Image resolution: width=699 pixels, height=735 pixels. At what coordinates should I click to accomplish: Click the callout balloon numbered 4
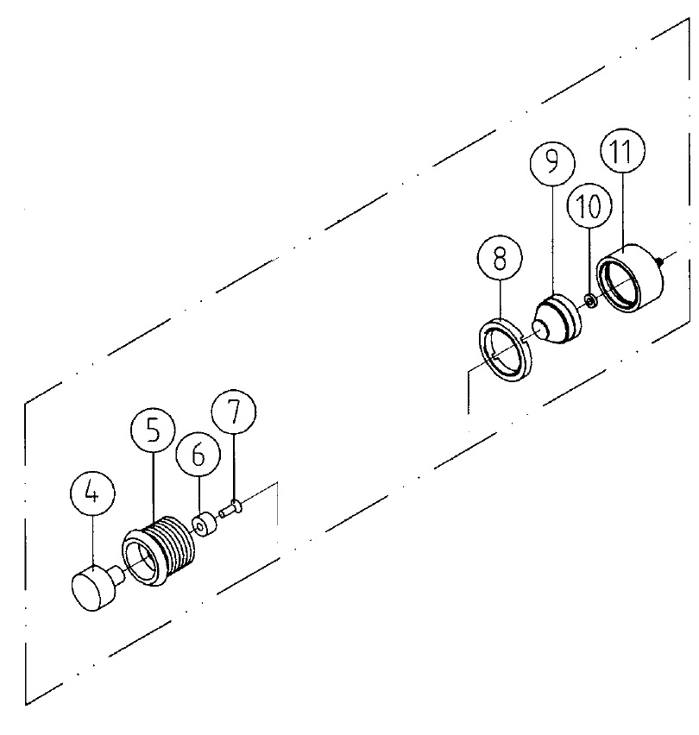(x=93, y=494)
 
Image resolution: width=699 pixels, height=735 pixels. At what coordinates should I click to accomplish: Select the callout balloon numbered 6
(x=198, y=455)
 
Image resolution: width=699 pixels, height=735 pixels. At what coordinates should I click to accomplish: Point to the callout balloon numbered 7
(x=234, y=411)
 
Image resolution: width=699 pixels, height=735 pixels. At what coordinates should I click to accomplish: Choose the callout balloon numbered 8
(x=500, y=258)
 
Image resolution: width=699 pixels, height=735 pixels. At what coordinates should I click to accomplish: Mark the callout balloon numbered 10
(x=589, y=205)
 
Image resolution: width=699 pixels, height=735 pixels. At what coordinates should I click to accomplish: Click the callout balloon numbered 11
(x=622, y=150)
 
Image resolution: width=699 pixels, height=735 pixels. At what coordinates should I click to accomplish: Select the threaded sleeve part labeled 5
(x=159, y=550)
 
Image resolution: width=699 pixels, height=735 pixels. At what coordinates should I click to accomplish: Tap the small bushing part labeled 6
(x=205, y=526)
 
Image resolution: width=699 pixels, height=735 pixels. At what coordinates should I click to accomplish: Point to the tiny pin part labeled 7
(x=230, y=509)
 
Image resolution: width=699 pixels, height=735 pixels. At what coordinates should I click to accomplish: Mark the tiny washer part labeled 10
(x=591, y=300)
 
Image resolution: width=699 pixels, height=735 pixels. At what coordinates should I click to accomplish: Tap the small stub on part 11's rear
(x=660, y=261)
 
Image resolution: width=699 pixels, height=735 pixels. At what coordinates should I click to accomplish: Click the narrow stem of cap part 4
(x=117, y=574)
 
